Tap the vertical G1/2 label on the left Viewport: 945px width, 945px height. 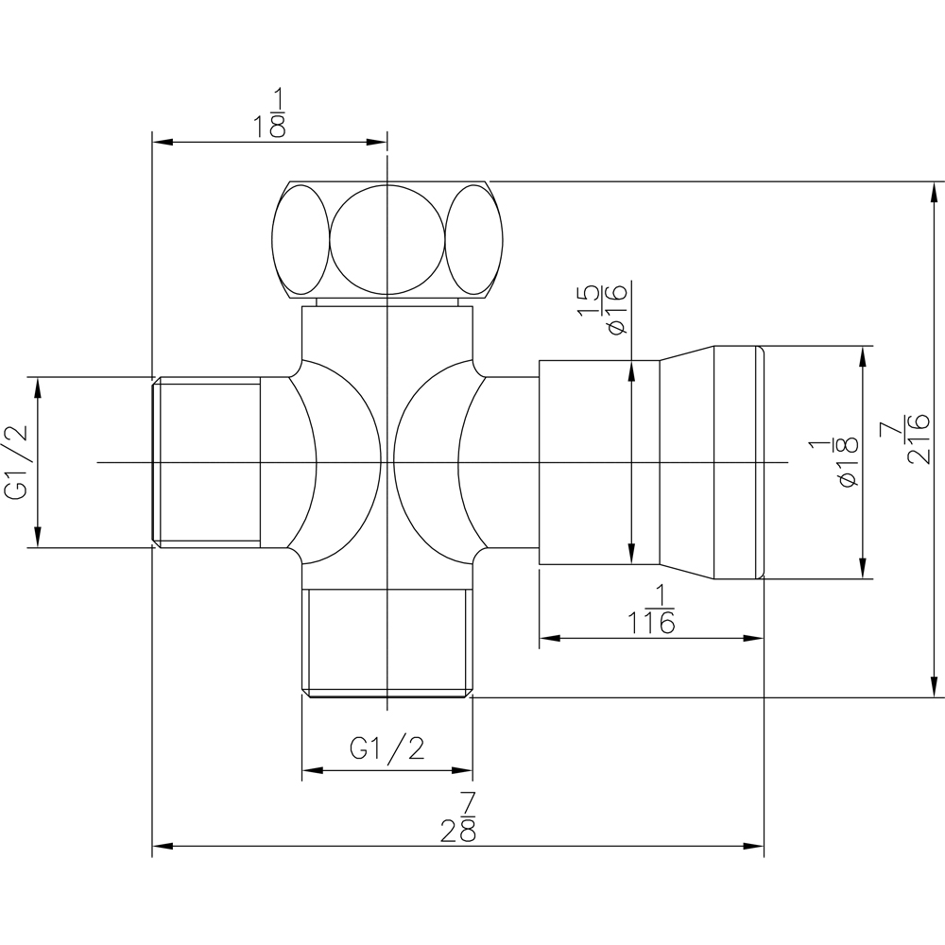(x=16, y=462)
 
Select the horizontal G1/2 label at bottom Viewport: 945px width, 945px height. (x=387, y=748)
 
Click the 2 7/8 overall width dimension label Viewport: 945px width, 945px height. (x=458, y=817)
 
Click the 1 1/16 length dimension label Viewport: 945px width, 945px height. (x=651, y=610)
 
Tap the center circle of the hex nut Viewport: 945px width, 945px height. (x=387, y=239)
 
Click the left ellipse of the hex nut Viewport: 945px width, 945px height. (x=301, y=239)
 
